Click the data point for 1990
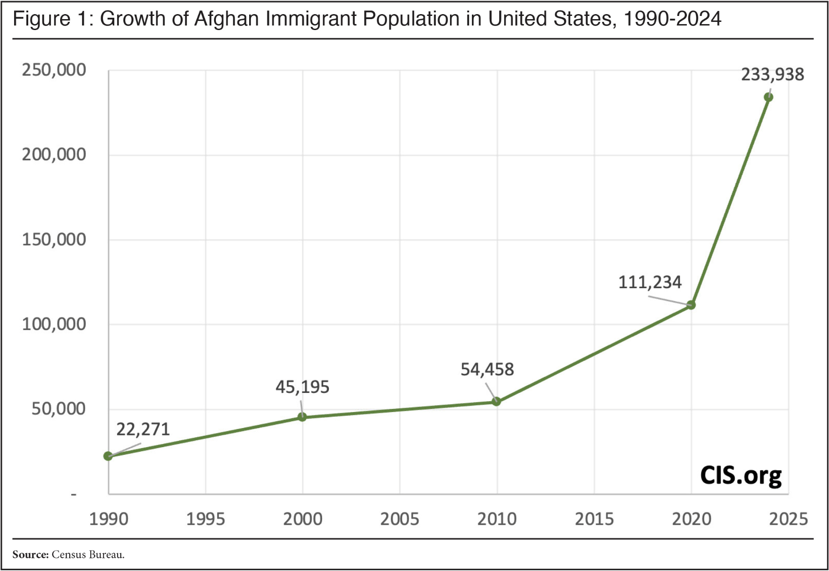108,456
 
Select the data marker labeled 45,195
302,417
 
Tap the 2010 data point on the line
496,401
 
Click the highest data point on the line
768,97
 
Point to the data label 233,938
773,74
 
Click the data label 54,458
487,369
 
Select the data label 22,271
143,429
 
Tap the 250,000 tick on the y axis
54,70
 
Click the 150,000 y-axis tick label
54,240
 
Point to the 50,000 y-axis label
58,409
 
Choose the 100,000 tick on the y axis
54,324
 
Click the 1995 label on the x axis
205,519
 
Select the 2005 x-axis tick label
399,519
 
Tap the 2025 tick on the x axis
788,519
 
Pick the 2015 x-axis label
594,519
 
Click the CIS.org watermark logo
741,475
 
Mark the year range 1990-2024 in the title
672,19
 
